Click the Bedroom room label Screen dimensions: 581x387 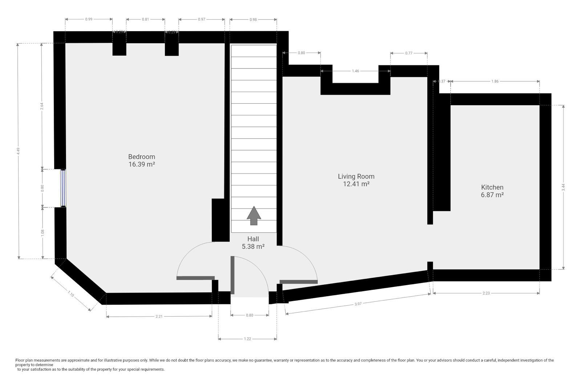pyautogui.click(x=142, y=157)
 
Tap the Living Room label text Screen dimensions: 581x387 pyautogui.click(x=356, y=176)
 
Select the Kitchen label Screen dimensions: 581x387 pyautogui.click(x=492, y=187)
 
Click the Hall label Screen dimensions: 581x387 pyautogui.click(x=253, y=239)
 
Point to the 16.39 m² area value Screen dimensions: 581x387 pyautogui.click(x=142, y=164)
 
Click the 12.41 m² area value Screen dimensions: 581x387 pyautogui.click(x=356, y=184)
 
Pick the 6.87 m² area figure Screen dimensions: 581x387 pyautogui.click(x=492, y=195)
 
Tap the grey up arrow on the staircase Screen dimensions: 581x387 pyautogui.click(x=254, y=215)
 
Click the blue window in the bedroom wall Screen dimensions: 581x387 pyautogui.click(x=63, y=188)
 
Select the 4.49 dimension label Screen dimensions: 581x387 pyautogui.click(x=18, y=151)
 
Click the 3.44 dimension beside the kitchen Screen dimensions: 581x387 pyautogui.click(x=563, y=187)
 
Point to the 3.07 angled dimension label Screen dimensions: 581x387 pyautogui.click(x=358, y=304)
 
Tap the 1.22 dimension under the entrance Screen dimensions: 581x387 pyautogui.click(x=247, y=339)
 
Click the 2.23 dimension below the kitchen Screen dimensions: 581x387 pyautogui.click(x=486, y=293)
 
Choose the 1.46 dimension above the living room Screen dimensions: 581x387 pyautogui.click(x=355, y=71)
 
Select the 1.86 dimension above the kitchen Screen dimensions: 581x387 pyautogui.click(x=495, y=81)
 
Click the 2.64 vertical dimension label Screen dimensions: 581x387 pyautogui.click(x=42, y=106)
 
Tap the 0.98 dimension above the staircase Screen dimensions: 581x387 pyautogui.click(x=253, y=20)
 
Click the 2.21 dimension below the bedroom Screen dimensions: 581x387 pyautogui.click(x=159, y=316)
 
